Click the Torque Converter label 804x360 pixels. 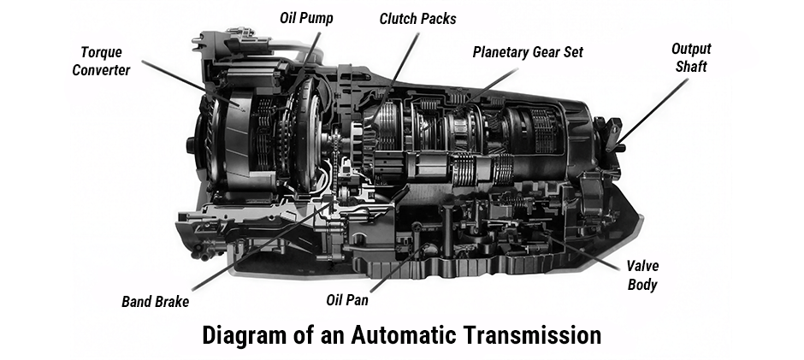[101, 61]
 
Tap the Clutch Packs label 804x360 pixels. [417, 18]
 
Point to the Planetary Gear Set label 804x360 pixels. [528, 52]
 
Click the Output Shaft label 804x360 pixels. [690, 57]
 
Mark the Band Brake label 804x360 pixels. [155, 301]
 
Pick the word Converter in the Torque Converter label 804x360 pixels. [101, 70]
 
